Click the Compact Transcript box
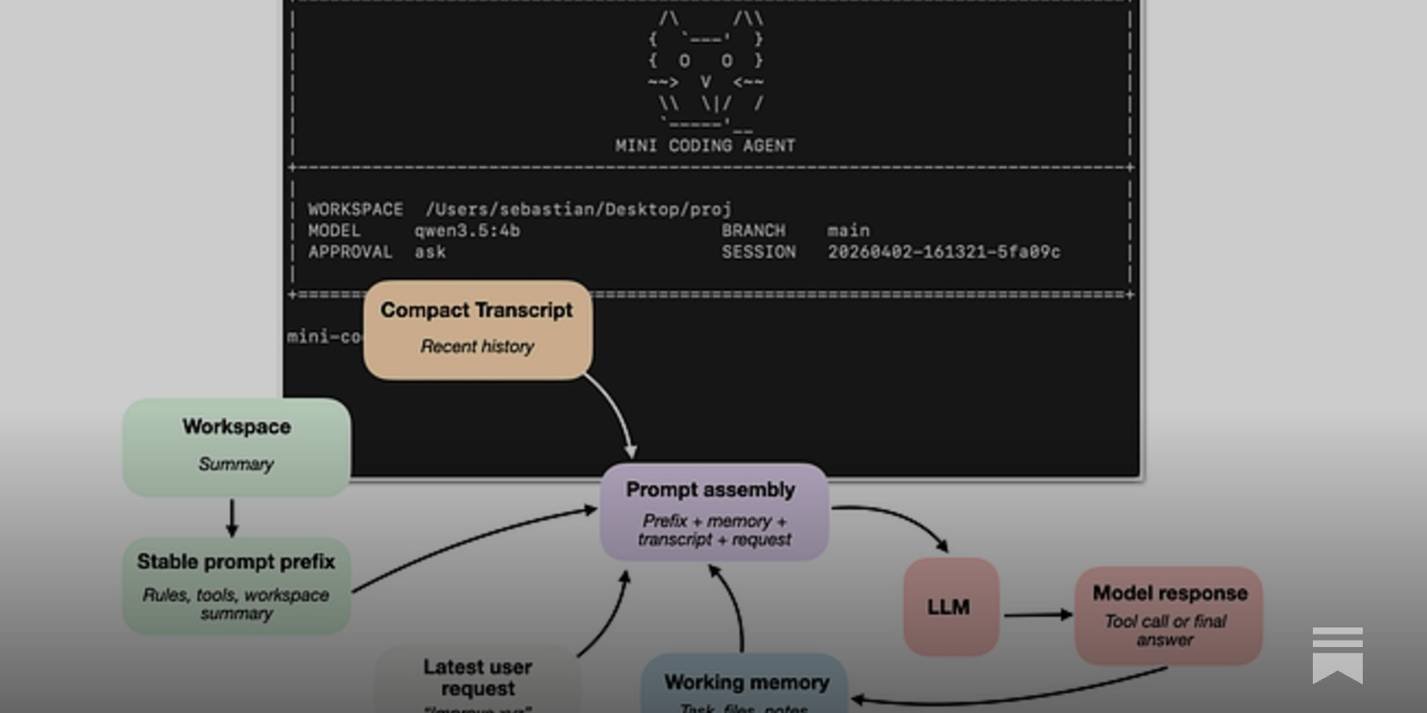pyautogui.click(x=477, y=329)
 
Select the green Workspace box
pyautogui.click(x=236, y=446)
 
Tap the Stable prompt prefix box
pyautogui.click(x=236, y=586)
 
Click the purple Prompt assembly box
pyautogui.click(x=713, y=512)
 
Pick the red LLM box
pyautogui.click(x=950, y=607)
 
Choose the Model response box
pyautogui.click(x=1168, y=615)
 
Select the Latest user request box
pyautogui.click(x=477, y=679)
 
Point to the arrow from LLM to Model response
pyautogui.click(x=1037, y=614)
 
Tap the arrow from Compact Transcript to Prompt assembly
pyautogui.click(x=615, y=414)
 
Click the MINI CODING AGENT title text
pyautogui.click(x=705, y=145)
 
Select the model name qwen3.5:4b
pyautogui.click(x=466, y=231)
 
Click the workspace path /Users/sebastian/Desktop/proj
pyautogui.click(x=578, y=209)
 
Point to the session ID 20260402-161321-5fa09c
pyautogui.click(x=944, y=252)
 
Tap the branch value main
pyautogui.click(x=847, y=231)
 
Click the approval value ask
pyautogui.click(x=430, y=252)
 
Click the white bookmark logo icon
pyautogui.click(x=1337, y=654)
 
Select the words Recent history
pyautogui.click(x=477, y=347)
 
